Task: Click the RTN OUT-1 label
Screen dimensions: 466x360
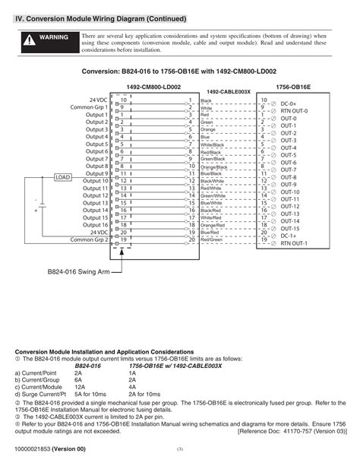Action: (x=294, y=243)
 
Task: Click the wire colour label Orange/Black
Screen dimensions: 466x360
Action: (x=214, y=166)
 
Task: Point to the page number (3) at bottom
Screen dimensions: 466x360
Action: (x=180, y=451)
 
